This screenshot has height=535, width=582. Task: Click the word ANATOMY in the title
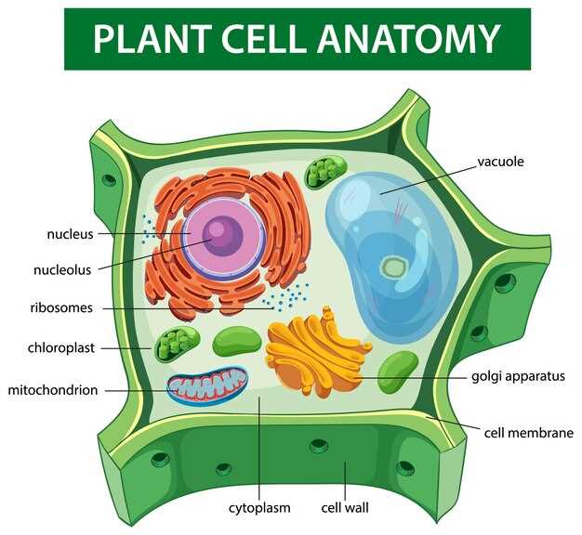point(409,39)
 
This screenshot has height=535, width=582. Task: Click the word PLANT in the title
point(152,39)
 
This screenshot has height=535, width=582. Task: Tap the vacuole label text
point(500,162)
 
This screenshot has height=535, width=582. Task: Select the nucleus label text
point(70,234)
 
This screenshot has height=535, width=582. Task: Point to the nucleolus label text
point(62,270)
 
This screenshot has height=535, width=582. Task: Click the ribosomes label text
point(61,307)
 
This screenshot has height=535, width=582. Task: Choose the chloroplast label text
point(61,348)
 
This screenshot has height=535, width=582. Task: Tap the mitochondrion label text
point(53,390)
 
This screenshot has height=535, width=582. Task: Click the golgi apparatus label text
point(518,377)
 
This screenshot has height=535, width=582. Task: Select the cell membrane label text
point(529,433)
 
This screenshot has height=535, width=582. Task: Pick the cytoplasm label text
point(259,508)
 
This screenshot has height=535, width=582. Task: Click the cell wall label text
point(345,507)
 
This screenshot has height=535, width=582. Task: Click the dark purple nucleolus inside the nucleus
point(222,236)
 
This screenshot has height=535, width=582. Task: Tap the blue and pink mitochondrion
point(207,386)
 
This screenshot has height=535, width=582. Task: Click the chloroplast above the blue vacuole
point(326,172)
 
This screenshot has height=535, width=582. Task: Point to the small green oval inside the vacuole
point(392,267)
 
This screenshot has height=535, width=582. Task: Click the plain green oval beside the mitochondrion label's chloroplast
point(237,342)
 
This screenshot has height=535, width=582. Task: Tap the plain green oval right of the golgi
point(398,372)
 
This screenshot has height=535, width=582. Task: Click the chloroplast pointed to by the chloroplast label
point(177,345)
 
